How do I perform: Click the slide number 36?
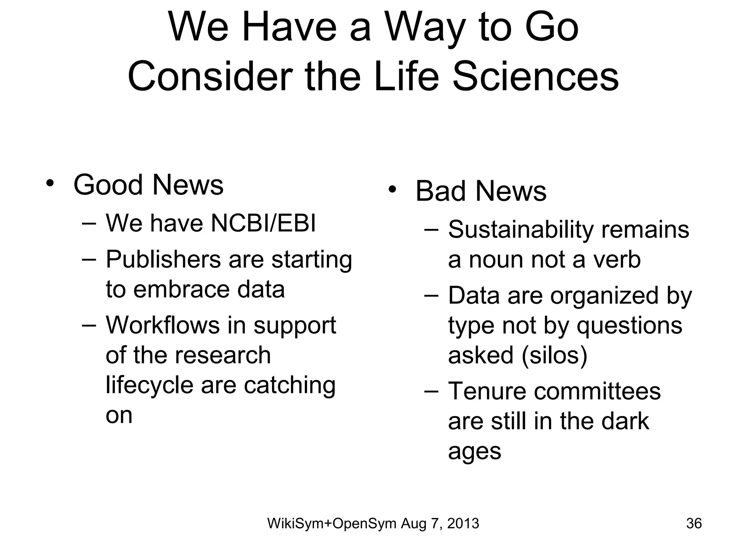694,524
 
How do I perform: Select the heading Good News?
148,185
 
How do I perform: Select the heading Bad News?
481,191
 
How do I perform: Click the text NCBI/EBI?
263,223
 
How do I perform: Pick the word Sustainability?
521,230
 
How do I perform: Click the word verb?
616,260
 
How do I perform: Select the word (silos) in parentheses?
554,355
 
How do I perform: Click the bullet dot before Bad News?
392,190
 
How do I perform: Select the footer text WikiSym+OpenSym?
332,524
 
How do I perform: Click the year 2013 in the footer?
463,524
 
